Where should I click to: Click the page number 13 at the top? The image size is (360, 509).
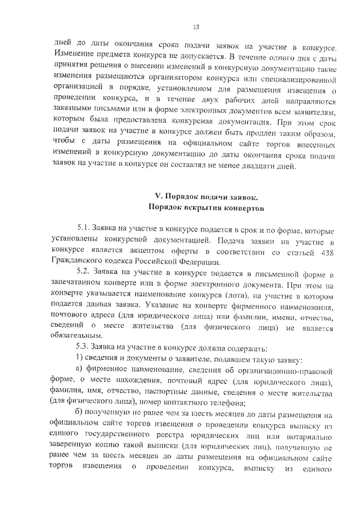point(196,26)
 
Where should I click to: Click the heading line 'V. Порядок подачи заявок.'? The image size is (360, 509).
point(206,196)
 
